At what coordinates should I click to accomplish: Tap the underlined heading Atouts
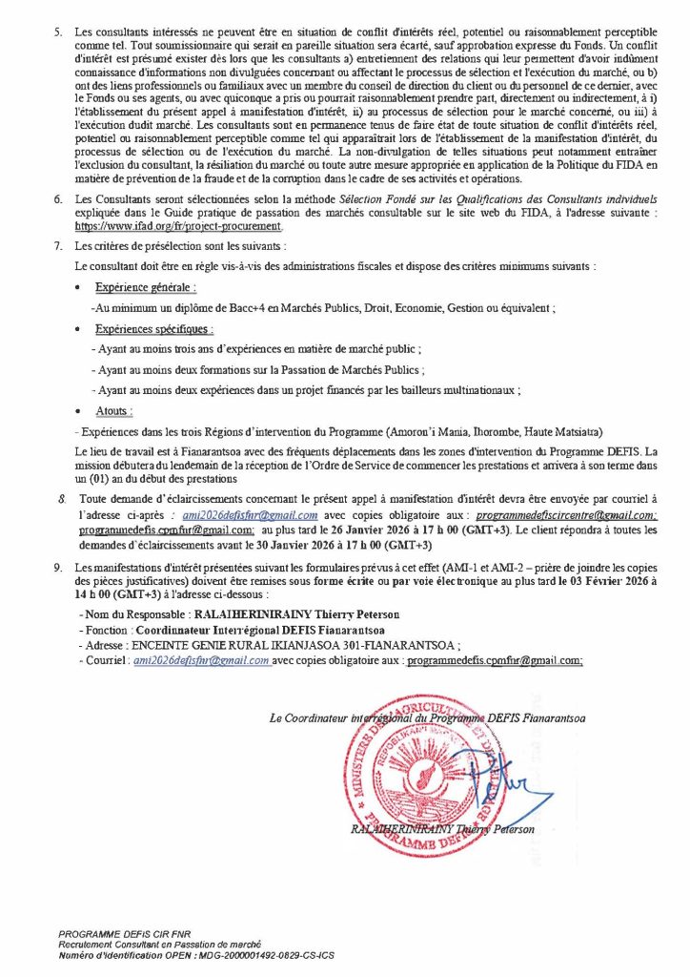click(114, 410)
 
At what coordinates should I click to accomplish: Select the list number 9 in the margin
click(58, 568)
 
